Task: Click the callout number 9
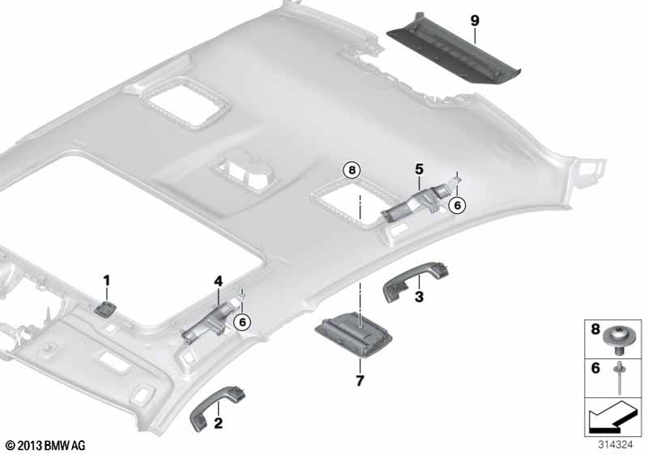(475, 20)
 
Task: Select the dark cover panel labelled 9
(454, 50)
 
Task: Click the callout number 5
(419, 169)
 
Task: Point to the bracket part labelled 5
(418, 203)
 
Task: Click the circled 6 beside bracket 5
(457, 205)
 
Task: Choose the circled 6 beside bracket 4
(242, 322)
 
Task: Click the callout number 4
(218, 281)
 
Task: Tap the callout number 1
(107, 281)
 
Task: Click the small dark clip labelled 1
(105, 307)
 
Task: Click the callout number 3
(419, 297)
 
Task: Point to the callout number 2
(218, 423)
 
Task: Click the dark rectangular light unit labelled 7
(354, 333)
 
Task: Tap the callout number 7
(360, 380)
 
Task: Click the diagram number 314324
(616, 445)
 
